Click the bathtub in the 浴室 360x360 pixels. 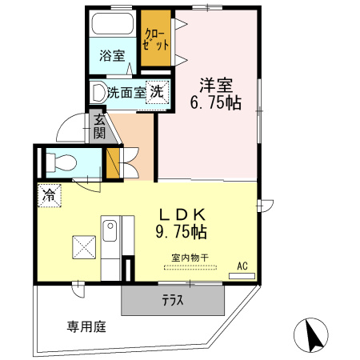click(112, 23)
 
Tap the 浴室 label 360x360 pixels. click(112, 56)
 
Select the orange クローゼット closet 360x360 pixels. click(156, 38)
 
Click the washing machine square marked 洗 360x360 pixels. click(158, 92)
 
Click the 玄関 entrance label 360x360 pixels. click(99, 128)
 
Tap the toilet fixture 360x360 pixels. click(62, 162)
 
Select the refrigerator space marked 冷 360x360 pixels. click(50, 195)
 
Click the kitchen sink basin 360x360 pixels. click(110, 231)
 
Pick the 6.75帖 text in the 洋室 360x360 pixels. click(216, 102)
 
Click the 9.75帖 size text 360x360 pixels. click(182, 231)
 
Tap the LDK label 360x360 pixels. click(182, 214)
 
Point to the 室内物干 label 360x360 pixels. click(190, 258)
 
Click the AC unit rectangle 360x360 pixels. click(242, 276)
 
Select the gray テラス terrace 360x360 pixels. click(173, 300)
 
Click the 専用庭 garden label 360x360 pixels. click(86, 326)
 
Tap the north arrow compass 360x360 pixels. click(311, 335)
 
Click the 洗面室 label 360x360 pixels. click(126, 93)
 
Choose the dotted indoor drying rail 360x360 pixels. click(190, 267)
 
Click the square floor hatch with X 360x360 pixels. click(84, 247)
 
